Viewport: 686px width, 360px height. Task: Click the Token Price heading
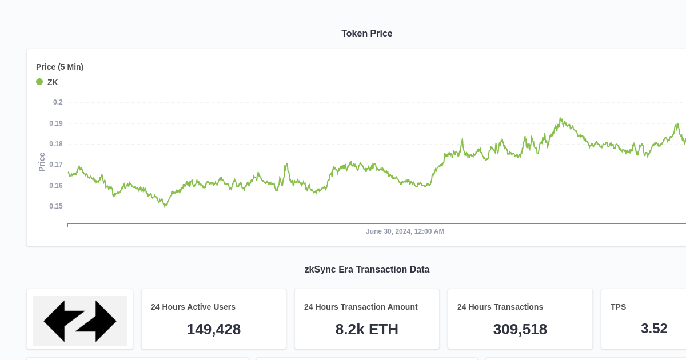(x=366, y=34)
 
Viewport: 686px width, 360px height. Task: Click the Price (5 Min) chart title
(x=59, y=67)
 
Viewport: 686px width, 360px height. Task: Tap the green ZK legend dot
(x=39, y=82)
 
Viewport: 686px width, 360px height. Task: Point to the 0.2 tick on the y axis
(x=58, y=102)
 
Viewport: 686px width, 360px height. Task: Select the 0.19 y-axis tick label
(x=56, y=123)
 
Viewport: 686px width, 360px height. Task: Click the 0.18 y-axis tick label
(x=56, y=144)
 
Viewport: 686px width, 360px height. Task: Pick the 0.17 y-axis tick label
(x=56, y=165)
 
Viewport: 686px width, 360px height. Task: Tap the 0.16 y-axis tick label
(x=56, y=186)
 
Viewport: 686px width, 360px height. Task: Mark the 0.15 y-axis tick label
(x=56, y=206)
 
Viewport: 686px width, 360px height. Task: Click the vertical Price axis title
(x=42, y=162)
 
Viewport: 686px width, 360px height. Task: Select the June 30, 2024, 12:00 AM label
(x=405, y=231)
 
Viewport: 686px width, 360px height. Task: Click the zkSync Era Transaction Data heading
(x=366, y=270)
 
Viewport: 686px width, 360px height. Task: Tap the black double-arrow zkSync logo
(x=80, y=321)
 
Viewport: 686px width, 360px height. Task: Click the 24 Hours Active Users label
(x=193, y=307)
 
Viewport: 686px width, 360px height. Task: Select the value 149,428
(x=213, y=329)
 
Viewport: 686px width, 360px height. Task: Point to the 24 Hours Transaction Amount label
(x=361, y=307)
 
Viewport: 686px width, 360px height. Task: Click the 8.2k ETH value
(x=366, y=329)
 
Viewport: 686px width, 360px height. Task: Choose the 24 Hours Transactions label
(x=500, y=307)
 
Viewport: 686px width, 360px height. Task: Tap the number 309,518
(x=520, y=329)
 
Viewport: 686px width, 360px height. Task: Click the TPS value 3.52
(x=654, y=329)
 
